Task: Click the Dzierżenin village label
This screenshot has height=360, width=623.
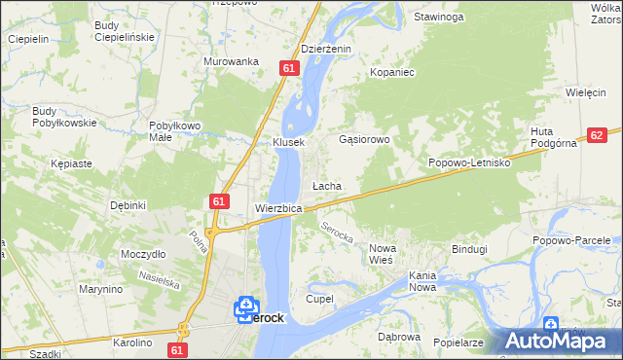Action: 325,49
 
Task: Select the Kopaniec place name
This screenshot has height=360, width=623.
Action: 392,73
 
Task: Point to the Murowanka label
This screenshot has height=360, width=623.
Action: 230,61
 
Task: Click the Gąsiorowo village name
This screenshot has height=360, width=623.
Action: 363,140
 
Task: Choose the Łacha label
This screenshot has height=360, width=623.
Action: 325,185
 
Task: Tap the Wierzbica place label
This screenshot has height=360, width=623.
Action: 277,208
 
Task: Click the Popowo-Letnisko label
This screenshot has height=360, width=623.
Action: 470,163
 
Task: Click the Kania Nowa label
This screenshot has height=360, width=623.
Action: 434,281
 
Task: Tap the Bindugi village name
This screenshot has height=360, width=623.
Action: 468,249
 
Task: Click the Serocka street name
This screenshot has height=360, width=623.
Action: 336,234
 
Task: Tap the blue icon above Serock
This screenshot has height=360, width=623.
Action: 244,306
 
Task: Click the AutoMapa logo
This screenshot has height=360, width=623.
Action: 561,341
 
